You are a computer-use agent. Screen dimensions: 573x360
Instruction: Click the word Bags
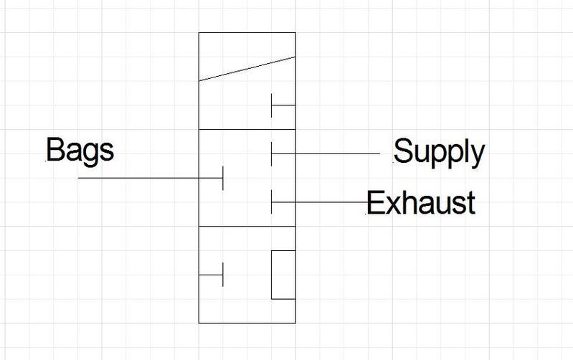click(x=80, y=150)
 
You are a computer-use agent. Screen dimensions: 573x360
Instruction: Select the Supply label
click(x=439, y=153)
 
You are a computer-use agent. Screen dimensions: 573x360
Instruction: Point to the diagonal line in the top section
click(x=247, y=69)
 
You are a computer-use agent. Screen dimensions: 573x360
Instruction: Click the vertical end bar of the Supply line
click(x=272, y=154)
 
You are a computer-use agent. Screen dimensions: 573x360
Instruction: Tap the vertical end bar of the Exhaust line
click(x=272, y=202)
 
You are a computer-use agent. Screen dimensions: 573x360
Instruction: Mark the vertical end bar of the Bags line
click(x=223, y=178)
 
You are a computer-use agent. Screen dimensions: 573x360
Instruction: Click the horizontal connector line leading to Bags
click(x=150, y=178)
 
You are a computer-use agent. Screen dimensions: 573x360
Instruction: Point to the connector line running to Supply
click(x=326, y=154)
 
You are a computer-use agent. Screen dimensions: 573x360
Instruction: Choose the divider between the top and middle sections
click(x=247, y=129)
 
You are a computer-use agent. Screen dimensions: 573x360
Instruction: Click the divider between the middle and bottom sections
click(x=247, y=226)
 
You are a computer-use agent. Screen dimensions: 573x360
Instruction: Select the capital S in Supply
click(x=402, y=151)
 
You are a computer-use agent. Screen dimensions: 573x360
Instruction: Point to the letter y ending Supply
click(x=477, y=156)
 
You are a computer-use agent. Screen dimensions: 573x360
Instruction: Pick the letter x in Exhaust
click(x=392, y=205)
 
